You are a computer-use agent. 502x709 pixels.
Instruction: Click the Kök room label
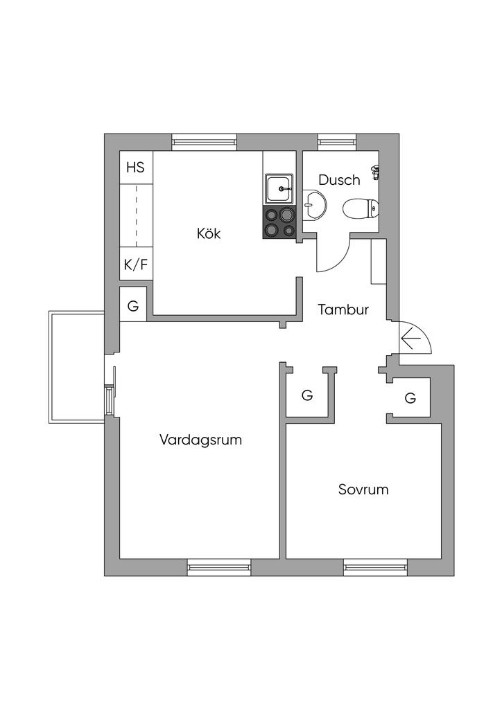coord(209,233)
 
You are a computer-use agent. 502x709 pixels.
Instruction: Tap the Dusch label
coord(339,179)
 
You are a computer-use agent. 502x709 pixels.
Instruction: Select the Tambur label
coord(343,309)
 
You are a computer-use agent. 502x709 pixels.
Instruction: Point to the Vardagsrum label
coord(200,440)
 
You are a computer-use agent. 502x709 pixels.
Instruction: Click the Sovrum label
coord(363,490)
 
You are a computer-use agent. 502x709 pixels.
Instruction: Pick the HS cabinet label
coord(135,168)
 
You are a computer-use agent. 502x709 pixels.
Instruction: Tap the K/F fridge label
coord(136,264)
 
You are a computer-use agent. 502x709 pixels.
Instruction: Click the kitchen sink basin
coord(279,189)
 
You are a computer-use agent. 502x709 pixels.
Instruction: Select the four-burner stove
coord(279,222)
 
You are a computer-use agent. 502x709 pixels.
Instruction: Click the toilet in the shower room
coord(361,209)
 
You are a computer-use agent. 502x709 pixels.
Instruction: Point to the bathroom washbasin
coord(313,204)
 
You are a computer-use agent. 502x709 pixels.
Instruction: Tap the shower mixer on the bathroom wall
coord(375,172)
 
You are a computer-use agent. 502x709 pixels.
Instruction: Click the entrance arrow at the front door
coord(411,338)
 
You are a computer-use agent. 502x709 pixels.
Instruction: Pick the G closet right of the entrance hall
coord(410,398)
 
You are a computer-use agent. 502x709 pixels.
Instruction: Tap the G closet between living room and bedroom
coord(307,395)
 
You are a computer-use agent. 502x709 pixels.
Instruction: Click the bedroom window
coord(376,568)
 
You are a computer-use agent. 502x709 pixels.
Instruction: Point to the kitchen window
coord(205,142)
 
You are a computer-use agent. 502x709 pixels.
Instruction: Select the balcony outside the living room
coord(77,367)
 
